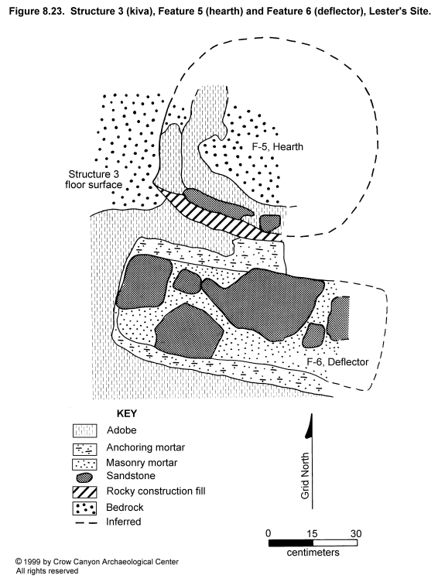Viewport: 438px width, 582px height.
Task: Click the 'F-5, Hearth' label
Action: click(x=277, y=146)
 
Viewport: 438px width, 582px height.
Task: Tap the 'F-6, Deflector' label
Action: click(x=337, y=362)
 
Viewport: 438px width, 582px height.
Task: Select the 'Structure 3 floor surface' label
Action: click(x=94, y=180)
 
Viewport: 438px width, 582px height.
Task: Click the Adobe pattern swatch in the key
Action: click(x=84, y=430)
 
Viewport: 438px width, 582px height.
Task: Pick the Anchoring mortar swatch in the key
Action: click(x=84, y=449)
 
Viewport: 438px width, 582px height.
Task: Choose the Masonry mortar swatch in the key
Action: click(x=84, y=464)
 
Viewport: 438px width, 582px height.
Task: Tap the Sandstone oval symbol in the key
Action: click(x=84, y=477)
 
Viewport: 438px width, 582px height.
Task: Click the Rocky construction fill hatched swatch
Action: click(x=84, y=491)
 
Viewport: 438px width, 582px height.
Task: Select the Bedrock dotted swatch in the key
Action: click(x=84, y=508)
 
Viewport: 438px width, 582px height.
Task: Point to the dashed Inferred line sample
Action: click(x=86, y=522)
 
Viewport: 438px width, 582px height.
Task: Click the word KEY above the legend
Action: click(x=127, y=413)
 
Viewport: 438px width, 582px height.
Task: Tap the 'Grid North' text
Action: click(x=305, y=475)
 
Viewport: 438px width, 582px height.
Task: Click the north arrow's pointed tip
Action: click(x=312, y=414)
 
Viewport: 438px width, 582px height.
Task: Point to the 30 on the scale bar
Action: click(x=356, y=533)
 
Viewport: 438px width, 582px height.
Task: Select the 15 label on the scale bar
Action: click(x=312, y=533)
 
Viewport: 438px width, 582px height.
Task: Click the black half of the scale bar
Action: click(x=291, y=543)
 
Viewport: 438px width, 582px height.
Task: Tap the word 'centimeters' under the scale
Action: click(x=313, y=553)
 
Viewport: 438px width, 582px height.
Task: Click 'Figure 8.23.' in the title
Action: click(x=36, y=12)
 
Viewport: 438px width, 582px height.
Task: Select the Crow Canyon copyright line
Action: click(x=97, y=562)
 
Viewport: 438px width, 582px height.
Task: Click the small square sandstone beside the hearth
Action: click(x=270, y=223)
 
